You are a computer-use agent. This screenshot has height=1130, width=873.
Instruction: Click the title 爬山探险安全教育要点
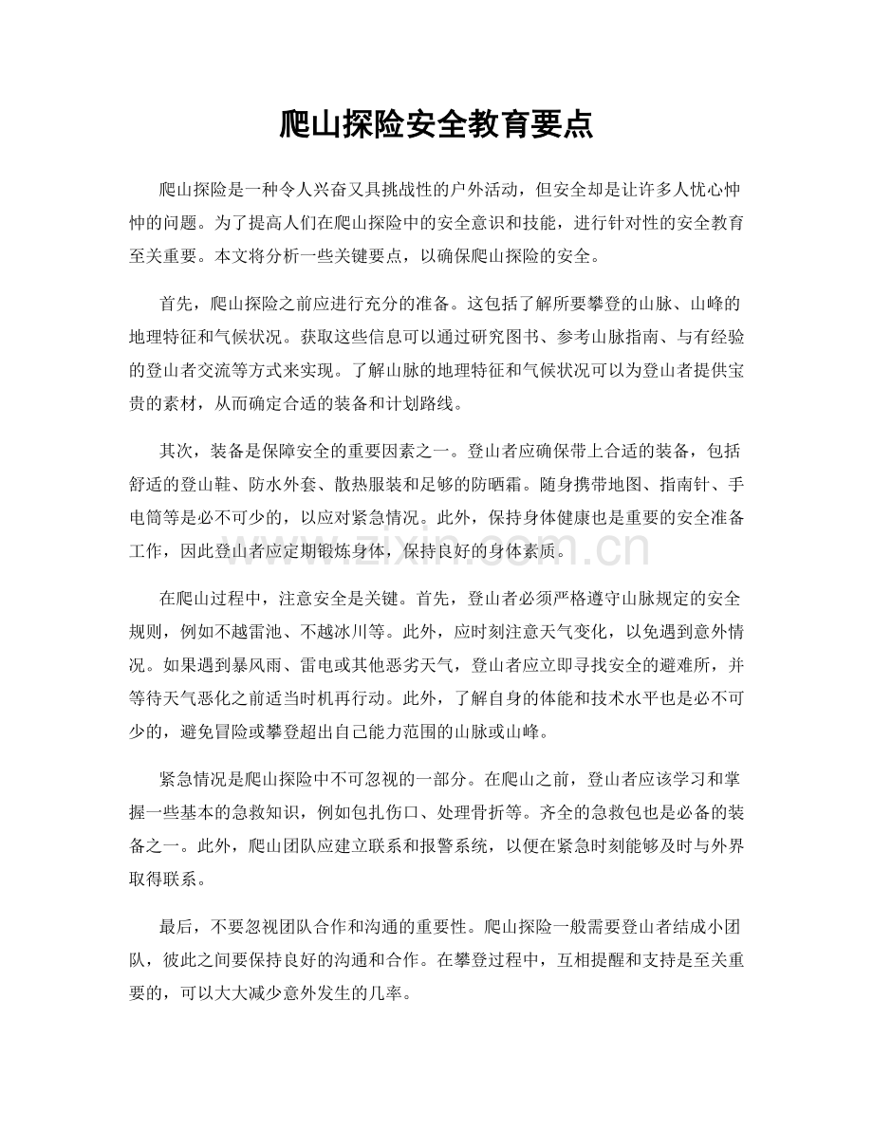click(436, 124)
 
